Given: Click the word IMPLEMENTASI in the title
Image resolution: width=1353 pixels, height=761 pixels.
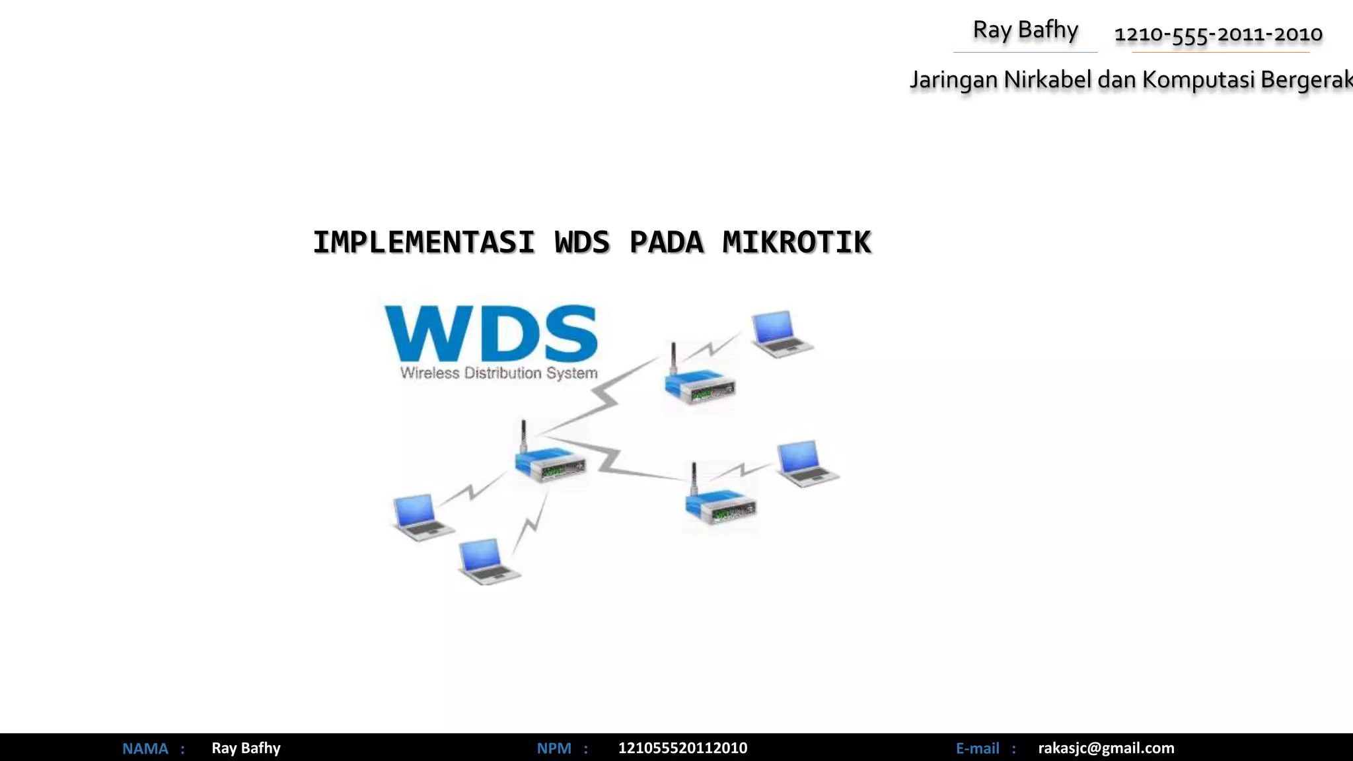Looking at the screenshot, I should (x=423, y=242).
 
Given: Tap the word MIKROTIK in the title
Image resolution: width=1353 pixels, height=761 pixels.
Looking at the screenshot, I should (x=797, y=242).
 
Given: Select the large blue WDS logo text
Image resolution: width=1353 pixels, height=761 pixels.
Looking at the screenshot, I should (x=491, y=334).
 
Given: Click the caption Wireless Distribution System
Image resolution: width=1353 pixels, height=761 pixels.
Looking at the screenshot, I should (x=499, y=373).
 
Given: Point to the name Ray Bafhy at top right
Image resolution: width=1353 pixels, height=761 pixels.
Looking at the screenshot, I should (x=1025, y=30).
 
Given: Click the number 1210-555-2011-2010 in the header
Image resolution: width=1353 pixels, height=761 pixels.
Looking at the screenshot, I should (x=1218, y=34).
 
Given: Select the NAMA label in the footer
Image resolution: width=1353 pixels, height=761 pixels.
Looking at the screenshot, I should (x=145, y=748).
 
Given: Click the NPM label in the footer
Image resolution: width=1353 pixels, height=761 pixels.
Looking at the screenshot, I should (x=554, y=748).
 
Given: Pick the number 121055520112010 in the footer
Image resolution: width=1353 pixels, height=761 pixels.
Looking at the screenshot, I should (x=682, y=748).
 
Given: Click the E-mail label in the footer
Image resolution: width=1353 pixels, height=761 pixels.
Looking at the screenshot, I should (x=977, y=748).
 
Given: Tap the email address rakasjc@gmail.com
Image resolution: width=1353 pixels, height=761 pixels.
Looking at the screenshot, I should (x=1106, y=748).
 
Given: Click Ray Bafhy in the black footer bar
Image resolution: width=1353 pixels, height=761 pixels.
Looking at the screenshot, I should (x=246, y=748).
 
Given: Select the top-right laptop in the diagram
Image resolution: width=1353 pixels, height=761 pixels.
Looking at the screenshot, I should (x=781, y=334).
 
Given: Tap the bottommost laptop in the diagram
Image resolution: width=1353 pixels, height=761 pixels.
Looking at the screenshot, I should (x=488, y=562).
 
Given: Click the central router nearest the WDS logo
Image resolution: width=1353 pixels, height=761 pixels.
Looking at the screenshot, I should (x=548, y=460).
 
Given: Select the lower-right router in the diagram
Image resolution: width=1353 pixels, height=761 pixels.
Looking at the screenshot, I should (x=719, y=502).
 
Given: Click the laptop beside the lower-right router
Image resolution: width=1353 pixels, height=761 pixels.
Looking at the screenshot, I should (x=806, y=464).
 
